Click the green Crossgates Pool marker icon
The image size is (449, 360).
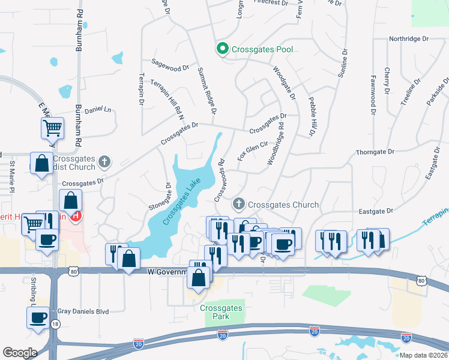pos(222,49)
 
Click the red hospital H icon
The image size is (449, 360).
pos(76,216)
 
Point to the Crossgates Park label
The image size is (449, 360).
pos(221,311)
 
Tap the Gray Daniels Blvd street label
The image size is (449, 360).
pos(83,311)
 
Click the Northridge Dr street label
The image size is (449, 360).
pos(409,38)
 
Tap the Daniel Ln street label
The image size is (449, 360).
pos(98,110)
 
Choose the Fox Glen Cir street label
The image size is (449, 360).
pos(252,146)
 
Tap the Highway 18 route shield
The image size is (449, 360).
pos(55,324)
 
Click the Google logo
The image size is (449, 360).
pos(19,352)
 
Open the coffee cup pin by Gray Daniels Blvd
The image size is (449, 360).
pos(38,317)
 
